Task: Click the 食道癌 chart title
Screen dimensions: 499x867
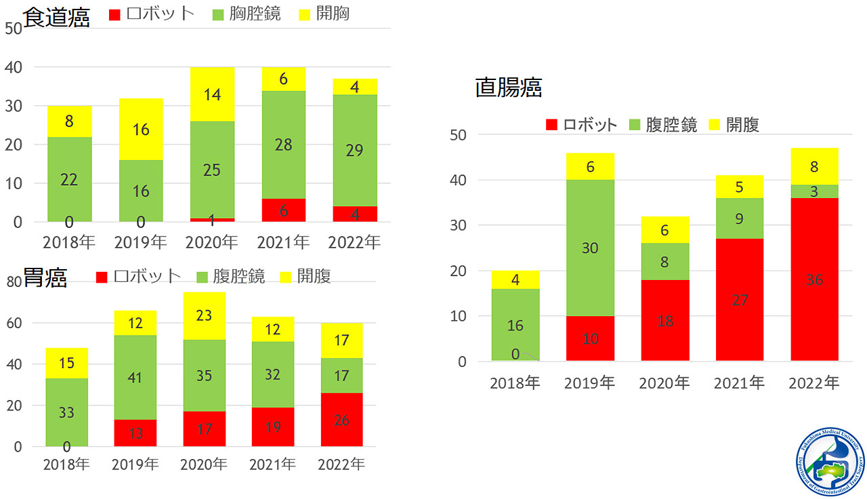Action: coord(56,17)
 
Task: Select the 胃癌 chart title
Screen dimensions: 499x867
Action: coord(46,278)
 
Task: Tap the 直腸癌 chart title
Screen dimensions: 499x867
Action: coord(508,88)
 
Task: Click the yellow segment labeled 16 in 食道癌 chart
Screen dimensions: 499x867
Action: coord(141,129)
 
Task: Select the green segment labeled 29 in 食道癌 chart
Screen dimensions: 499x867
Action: coord(355,150)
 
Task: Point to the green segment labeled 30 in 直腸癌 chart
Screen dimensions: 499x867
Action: coord(590,247)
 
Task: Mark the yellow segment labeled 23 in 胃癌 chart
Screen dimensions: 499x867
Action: coord(205,315)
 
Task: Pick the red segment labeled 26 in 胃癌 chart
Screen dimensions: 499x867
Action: coord(342,420)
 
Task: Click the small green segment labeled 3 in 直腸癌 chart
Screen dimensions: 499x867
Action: coord(814,191)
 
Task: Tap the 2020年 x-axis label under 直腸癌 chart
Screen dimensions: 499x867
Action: coord(664,383)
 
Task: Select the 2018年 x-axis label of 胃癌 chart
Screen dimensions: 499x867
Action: coord(66,464)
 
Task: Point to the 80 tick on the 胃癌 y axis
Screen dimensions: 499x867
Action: coord(14,283)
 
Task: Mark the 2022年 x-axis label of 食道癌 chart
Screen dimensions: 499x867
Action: coord(354,242)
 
